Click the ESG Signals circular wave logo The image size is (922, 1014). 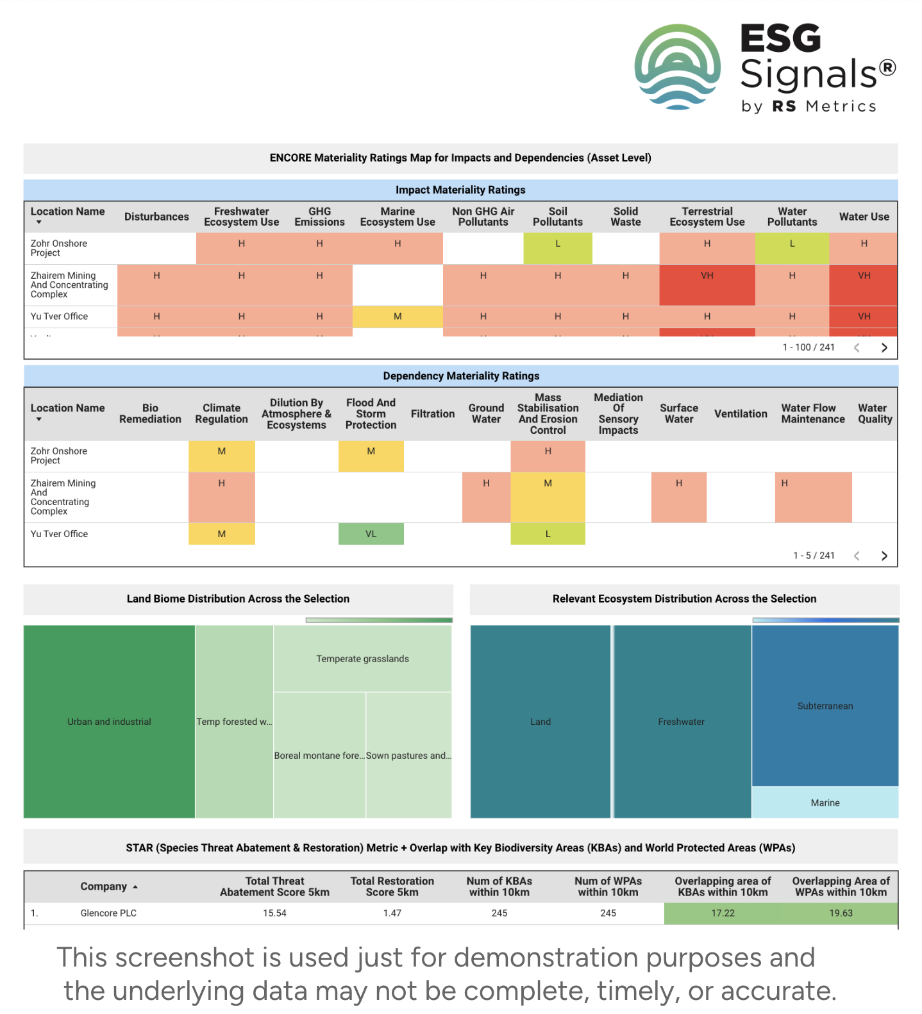[677, 67]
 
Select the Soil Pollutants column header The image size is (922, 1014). [557, 217]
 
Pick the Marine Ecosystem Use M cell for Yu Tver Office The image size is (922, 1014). [398, 317]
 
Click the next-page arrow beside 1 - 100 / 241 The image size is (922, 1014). [884, 347]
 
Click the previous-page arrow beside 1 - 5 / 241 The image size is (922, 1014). [857, 556]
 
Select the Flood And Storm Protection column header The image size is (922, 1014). [371, 413]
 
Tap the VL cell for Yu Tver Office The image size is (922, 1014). [371, 534]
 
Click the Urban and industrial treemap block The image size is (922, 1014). [109, 721]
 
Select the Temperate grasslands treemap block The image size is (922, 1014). [362, 658]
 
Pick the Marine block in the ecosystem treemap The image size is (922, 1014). [825, 802]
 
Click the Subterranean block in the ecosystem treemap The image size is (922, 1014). [825, 706]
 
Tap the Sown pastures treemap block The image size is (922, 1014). [408, 755]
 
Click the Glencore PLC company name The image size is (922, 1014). [108, 913]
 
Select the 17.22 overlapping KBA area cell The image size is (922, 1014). [723, 913]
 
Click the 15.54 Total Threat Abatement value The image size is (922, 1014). [274, 913]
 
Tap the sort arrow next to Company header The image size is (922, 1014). [135, 887]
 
